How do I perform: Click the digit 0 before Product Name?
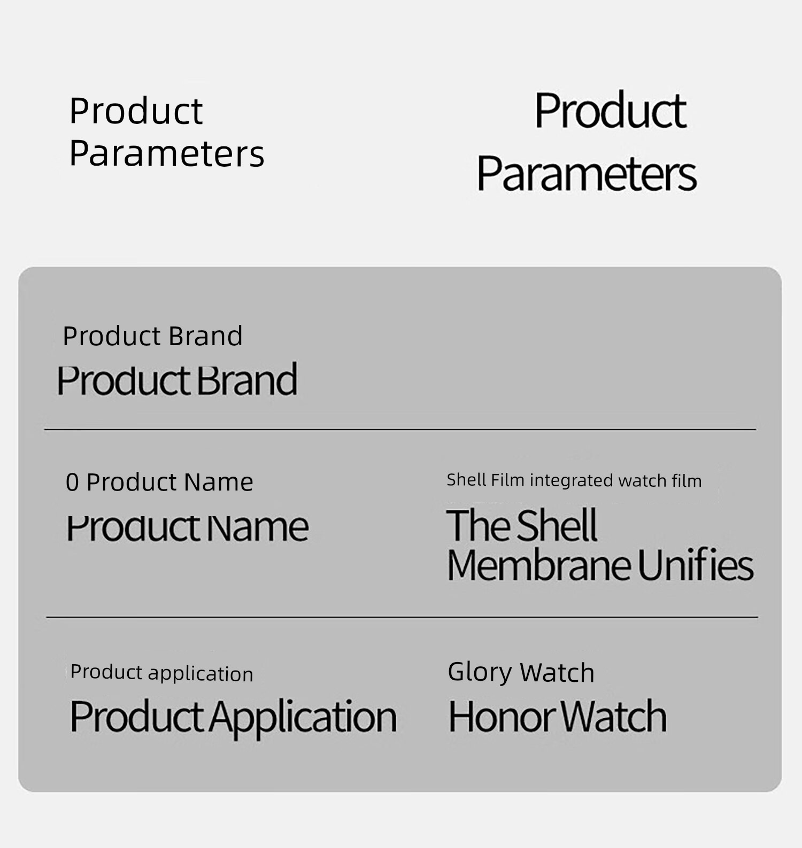[72, 483]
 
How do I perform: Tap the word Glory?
[480, 672]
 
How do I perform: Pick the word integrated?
[571, 480]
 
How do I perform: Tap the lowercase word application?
[200, 674]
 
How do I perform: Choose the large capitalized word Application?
[303, 718]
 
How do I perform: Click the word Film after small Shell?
[507, 480]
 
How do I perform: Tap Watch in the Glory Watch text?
[557, 672]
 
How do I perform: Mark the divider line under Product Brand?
[400, 429]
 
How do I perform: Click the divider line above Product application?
[402, 617]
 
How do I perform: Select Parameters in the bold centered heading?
[587, 174]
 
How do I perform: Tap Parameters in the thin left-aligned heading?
[167, 154]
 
